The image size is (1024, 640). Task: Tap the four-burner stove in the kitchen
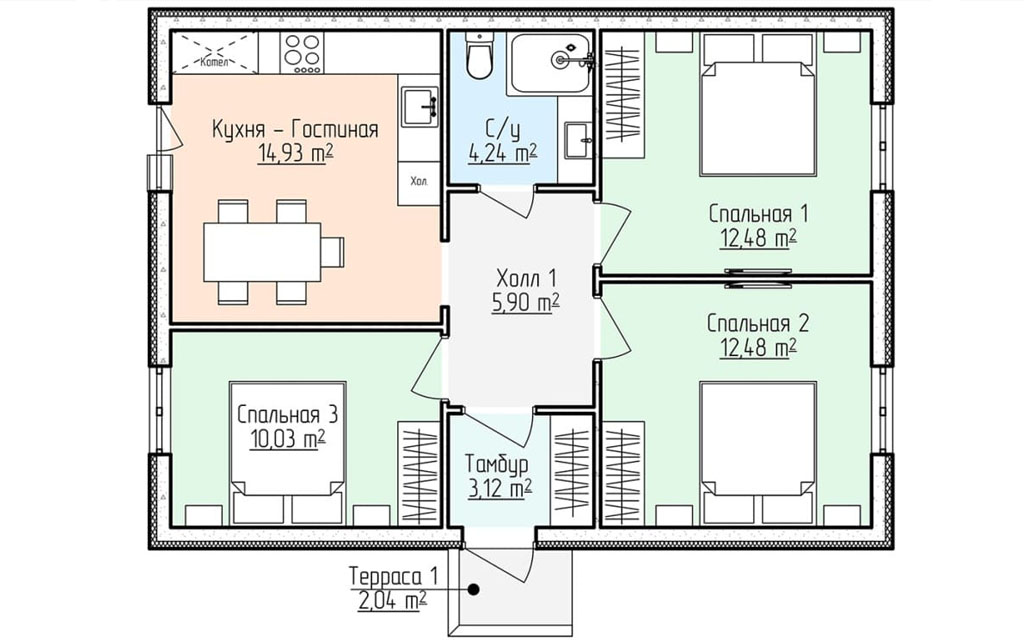(x=302, y=52)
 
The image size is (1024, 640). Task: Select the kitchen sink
(x=419, y=106)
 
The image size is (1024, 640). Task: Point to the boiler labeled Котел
(x=214, y=52)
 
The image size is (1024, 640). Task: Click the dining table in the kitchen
(x=262, y=252)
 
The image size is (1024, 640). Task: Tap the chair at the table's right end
(x=332, y=252)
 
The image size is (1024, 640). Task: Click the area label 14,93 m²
(x=296, y=153)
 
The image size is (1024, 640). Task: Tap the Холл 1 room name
(x=526, y=279)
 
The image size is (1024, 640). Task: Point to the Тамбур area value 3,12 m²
(x=499, y=488)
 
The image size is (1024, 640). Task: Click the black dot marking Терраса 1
(x=473, y=590)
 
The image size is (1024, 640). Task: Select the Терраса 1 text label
(x=393, y=577)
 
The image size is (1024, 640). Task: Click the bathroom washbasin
(x=578, y=139)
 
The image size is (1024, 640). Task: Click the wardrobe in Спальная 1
(x=623, y=95)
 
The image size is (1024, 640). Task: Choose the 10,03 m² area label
(x=287, y=440)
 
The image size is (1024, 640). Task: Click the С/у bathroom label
(x=503, y=129)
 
